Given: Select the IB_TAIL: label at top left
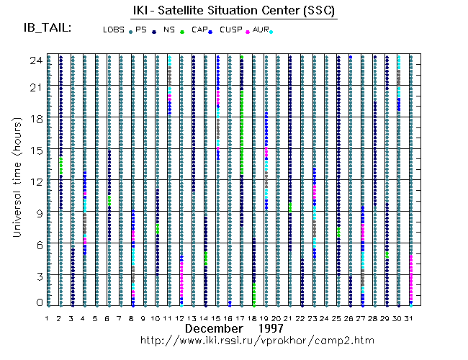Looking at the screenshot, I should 48,28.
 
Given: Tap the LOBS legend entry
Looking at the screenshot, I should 114,30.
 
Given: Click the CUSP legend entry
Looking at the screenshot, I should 231,30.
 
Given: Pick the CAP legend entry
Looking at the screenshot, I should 199,30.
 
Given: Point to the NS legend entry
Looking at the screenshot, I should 169,30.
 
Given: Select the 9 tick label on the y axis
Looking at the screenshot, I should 37,213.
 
